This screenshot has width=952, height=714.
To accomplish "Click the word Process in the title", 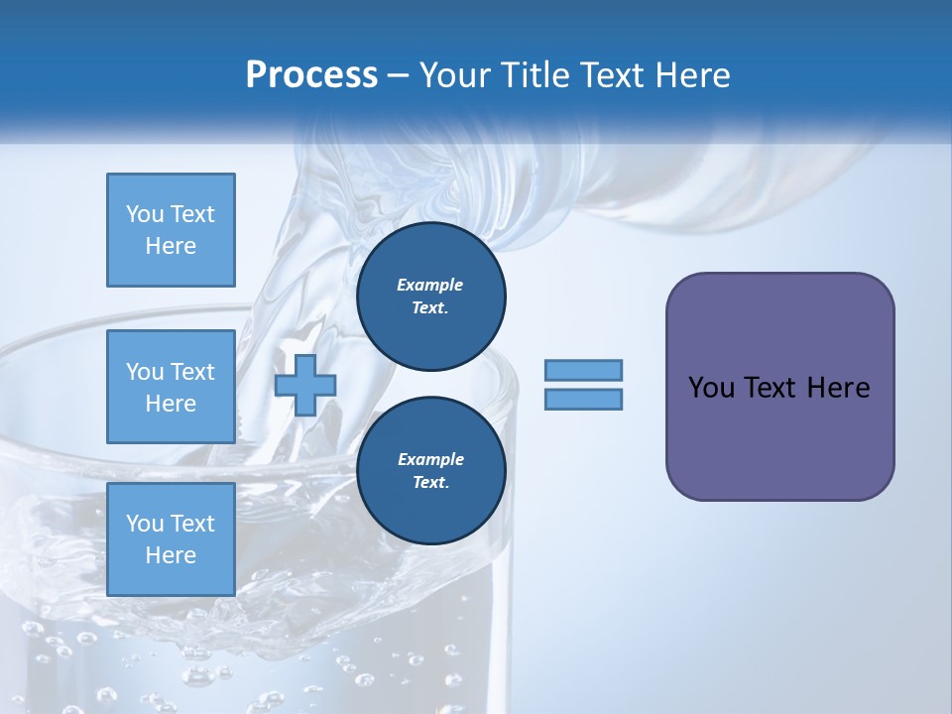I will click(311, 75).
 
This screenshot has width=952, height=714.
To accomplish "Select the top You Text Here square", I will click(171, 230).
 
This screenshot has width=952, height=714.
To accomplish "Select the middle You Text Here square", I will click(171, 387).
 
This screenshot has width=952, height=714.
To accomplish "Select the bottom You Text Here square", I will click(171, 539).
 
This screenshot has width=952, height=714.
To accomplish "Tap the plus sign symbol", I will click(305, 386).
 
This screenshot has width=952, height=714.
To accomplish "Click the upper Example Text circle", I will click(430, 296).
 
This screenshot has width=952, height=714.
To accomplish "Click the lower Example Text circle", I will click(430, 470).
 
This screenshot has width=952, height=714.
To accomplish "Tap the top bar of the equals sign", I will click(583, 371).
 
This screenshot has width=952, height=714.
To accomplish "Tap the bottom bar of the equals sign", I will click(583, 400).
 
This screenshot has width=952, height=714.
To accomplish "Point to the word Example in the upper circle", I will click(429, 285).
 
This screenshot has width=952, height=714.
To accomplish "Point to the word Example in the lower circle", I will click(429, 459).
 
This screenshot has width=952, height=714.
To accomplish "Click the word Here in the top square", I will click(171, 246).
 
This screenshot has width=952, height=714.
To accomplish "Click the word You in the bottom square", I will click(145, 524).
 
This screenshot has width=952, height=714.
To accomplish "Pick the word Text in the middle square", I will click(192, 372).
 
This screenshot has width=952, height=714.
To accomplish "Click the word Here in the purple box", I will click(838, 388).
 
